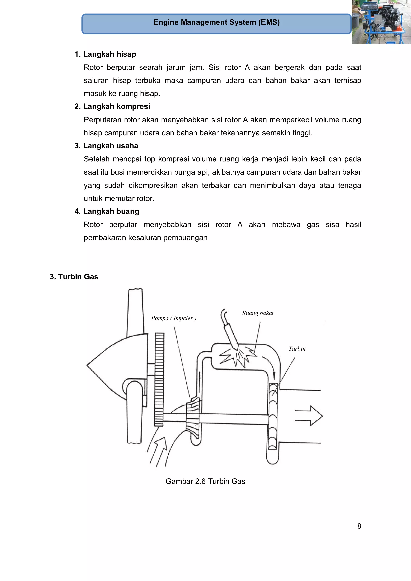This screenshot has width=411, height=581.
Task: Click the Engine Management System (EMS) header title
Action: pos(216,22)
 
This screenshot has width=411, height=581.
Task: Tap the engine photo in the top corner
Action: pos(381,22)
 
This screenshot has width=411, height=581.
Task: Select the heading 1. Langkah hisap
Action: pos(105,54)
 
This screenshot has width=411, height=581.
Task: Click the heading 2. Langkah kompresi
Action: pos(112,106)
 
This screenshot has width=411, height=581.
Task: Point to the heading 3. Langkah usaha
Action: pos(106,146)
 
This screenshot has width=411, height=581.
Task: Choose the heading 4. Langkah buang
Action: pos(107,211)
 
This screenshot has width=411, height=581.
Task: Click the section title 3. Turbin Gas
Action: pos(74,277)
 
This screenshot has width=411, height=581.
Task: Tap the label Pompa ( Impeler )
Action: pos(174,318)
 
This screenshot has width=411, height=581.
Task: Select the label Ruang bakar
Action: pos(258,313)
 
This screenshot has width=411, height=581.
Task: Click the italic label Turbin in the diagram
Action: pos(297,349)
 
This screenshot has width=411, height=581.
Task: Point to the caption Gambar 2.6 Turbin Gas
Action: pos(205,481)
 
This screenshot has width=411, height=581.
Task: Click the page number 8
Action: pos(359,526)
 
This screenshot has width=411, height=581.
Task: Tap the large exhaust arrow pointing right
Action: pos(309,416)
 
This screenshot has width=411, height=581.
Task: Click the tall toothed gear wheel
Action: pos(159,380)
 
